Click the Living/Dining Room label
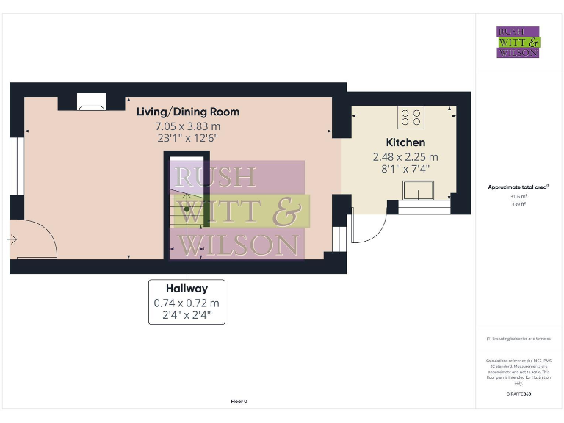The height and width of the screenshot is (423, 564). [x=187, y=112]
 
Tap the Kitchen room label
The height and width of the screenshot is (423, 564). [x=405, y=142]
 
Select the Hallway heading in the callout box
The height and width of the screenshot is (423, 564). [x=187, y=289]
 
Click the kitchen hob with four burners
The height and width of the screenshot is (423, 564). [x=411, y=117]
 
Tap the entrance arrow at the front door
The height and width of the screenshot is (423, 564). [x=12, y=239]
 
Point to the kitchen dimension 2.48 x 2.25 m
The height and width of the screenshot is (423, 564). [x=405, y=156]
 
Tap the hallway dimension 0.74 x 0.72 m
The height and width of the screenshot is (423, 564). [x=187, y=303]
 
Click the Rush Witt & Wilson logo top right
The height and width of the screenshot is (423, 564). [x=518, y=42]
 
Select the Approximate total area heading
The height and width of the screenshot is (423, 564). [x=518, y=187]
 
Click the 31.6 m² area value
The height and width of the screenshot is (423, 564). [x=518, y=196]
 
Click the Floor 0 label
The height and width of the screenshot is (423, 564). [x=239, y=401]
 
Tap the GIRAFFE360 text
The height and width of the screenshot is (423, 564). [x=518, y=394]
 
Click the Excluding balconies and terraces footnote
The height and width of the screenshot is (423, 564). [x=518, y=339]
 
